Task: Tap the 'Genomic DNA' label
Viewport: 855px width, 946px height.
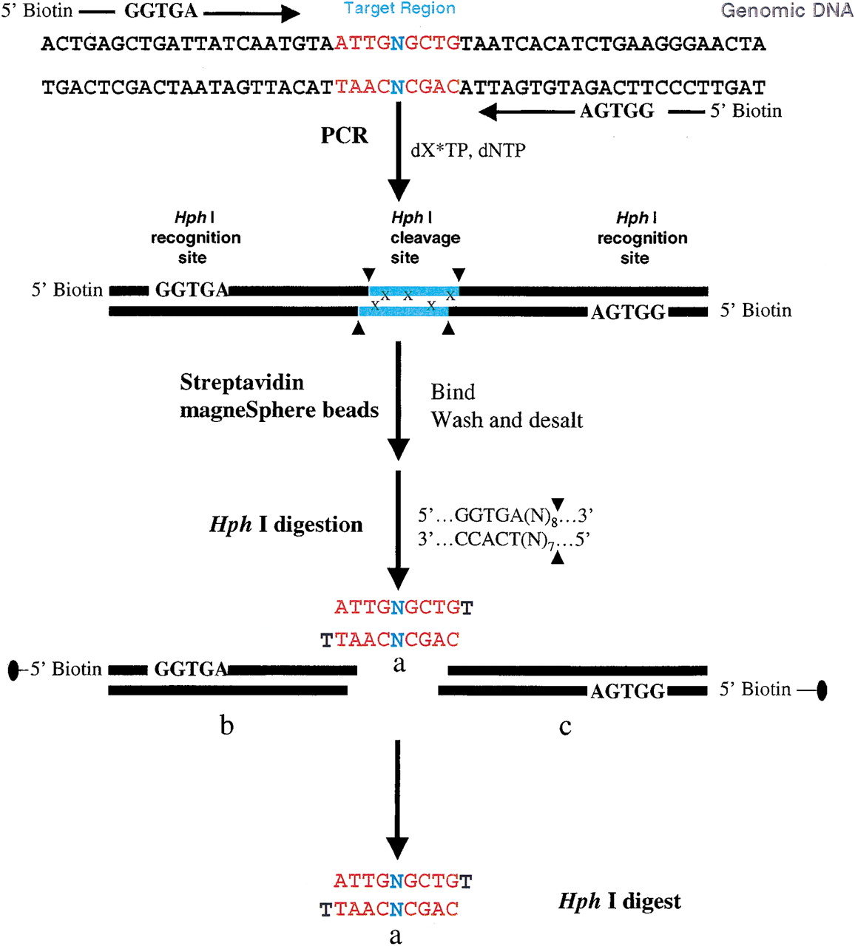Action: pos(787,11)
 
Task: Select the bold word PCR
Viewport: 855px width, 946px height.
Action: pos(344,135)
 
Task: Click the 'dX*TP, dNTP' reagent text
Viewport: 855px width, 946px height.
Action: pos(468,151)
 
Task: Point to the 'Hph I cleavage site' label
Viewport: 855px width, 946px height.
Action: pos(425,237)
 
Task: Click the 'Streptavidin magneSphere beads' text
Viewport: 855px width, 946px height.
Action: pos(279,396)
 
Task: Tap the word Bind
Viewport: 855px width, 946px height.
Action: pos(453,392)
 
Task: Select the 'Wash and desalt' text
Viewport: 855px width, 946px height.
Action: pos(507,420)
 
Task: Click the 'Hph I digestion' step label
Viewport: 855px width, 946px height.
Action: pos(286,525)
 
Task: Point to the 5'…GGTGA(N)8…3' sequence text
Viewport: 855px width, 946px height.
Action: pos(504,515)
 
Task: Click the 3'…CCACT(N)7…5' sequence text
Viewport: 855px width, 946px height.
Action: pos(504,540)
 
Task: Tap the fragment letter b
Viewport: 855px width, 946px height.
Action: pos(227,725)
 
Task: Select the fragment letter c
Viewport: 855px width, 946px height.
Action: pos(565,727)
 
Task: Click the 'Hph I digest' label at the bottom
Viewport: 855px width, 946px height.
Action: pos(619,902)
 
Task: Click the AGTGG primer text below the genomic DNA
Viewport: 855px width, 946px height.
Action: pos(617,112)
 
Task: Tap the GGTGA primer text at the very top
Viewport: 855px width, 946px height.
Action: pos(160,11)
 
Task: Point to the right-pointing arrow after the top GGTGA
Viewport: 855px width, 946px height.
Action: pos(251,14)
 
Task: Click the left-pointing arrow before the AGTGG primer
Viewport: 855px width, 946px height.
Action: pos(527,112)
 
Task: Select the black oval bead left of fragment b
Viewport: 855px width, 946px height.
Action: pos(14,670)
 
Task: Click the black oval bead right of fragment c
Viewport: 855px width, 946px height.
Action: pos(822,690)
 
